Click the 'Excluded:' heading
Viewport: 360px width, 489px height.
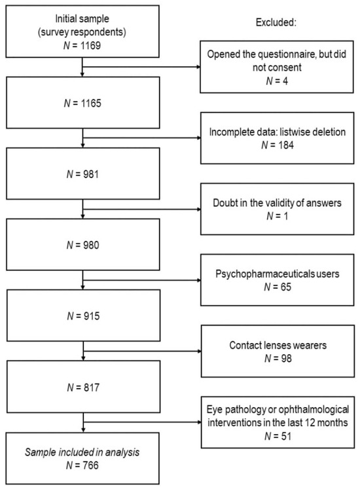pyautogui.click(x=276, y=22)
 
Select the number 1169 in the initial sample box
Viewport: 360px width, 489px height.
pyautogui.click(x=90, y=46)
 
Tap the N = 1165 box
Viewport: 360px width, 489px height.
pyautogui.click(x=83, y=103)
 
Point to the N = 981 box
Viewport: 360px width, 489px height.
pyautogui.click(x=83, y=173)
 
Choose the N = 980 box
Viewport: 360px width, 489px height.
pyautogui.click(x=83, y=245)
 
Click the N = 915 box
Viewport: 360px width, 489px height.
pyautogui.click(x=84, y=316)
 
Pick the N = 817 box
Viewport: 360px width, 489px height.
pyautogui.click(x=84, y=387)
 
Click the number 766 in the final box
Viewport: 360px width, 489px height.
pyautogui.click(x=90, y=465)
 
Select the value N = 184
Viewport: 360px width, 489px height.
pyautogui.click(x=278, y=145)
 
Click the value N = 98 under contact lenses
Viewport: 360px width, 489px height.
pyautogui.click(x=278, y=358)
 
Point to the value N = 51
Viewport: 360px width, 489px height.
pyautogui.click(x=278, y=436)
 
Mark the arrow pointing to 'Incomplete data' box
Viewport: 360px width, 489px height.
pyautogui.click(x=142, y=137)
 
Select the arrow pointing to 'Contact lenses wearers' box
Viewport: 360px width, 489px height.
pyautogui.click(x=143, y=351)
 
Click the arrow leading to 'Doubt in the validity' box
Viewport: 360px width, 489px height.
pyautogui.click(x=142, y=209)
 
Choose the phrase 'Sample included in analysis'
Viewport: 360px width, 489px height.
pyautogui.click(x=82, y=452)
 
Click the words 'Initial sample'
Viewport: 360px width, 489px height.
pyautogui.click(x=82, y=19)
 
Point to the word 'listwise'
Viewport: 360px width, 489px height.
pyautogui.click(x=294, y=132)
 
